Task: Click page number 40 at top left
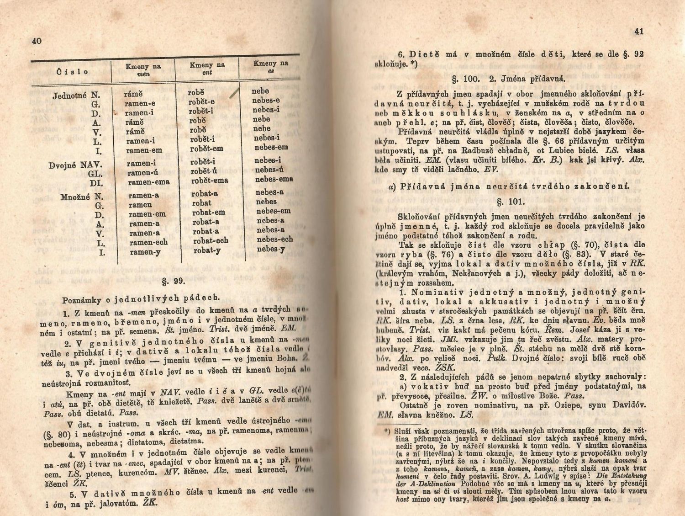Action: [x=37, y=41]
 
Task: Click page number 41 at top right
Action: [x=638, y=32]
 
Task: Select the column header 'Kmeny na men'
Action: [x=143, y=70]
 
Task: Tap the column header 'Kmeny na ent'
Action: [x=207, y=68]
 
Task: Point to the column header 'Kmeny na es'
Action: [x=270, y=67]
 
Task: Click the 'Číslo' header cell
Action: [x=73, y=72]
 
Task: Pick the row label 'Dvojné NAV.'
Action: [x=76, y=165]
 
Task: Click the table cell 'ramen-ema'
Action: [x=148, y=182]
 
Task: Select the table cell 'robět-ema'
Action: [x=209, y=180]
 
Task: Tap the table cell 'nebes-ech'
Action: [x=274, y=239]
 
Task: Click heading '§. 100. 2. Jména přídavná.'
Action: [x=508, y=78]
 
